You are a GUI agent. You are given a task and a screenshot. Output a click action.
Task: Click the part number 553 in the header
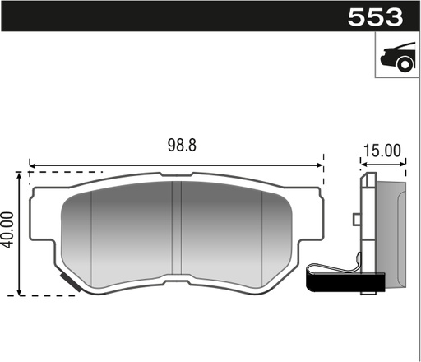point(375,16)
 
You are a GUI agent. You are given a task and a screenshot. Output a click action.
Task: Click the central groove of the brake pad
point(180,234)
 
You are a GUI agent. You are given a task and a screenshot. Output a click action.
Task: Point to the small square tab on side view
point(355,219)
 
